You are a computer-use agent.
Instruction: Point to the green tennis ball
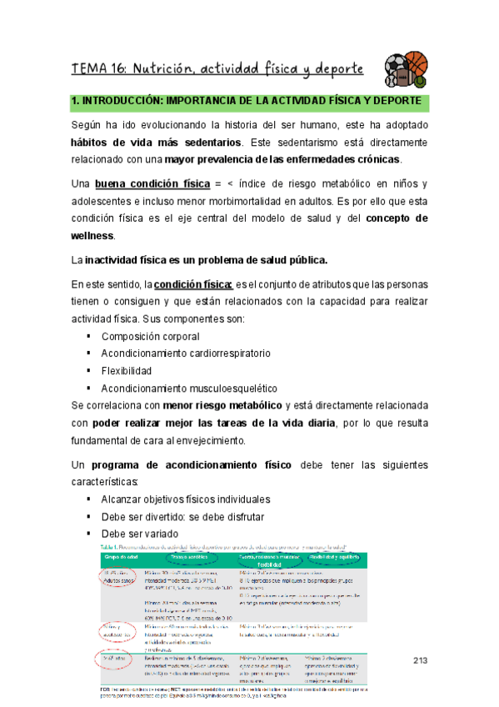tap(421, 83)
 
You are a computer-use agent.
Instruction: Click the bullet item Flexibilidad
tap(126, 370)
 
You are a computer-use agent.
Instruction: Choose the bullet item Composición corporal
tap(150, 336)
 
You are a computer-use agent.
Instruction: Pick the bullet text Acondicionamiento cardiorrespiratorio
tap(185, 353)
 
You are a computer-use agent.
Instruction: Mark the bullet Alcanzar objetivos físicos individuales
tap(185, 499)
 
